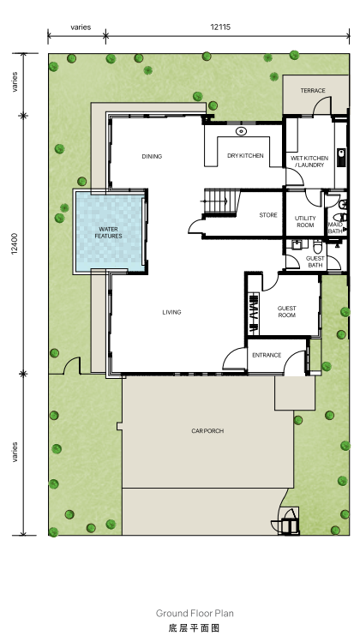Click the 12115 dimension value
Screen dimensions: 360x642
tap(220, 27)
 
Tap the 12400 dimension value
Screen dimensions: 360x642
tap(15, 244)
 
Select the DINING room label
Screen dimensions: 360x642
tap(152, 156)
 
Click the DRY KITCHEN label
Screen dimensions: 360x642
tap(245, 156)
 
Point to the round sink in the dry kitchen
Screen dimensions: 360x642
tap(241, 131)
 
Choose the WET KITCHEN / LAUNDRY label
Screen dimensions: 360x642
tap(309, 161)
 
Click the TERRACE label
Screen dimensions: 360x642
tap(313, 91)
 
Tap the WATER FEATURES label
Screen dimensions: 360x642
tap(109, 232)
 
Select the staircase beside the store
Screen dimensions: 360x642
tap(221, 201)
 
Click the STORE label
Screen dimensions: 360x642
tap(268, 215)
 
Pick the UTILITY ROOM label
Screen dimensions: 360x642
tap(305, 221)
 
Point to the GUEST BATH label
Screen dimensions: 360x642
tap(315, 261)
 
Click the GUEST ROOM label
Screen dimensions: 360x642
tap(286, 312)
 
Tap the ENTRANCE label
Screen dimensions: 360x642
tap(267, 355)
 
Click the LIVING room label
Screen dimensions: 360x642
tap(171, 312)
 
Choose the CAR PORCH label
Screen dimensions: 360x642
tap(207, 431)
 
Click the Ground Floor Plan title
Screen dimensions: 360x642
tap(195, 614)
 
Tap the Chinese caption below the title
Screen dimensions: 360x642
tap(195, 627)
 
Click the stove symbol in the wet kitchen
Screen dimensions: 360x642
tap(341, 157)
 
